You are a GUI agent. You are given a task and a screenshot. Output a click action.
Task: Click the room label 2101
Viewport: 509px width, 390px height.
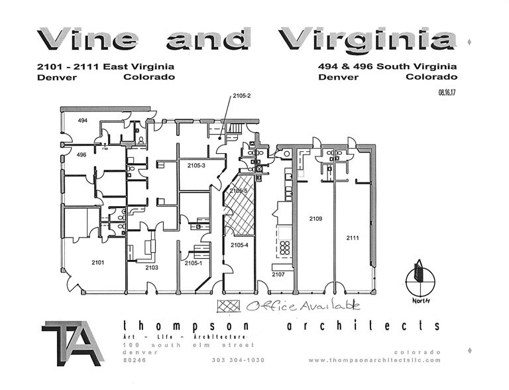tap(98, 263)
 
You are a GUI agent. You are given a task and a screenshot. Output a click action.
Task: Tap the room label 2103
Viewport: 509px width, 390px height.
tap(152, 267)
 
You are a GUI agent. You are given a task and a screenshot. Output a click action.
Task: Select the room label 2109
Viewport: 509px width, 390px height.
tap(315, 218)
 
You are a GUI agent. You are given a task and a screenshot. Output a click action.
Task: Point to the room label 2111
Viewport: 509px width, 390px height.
tap(353, 237)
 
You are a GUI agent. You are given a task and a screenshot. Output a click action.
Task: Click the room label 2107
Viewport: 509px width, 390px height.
tap(278, 274)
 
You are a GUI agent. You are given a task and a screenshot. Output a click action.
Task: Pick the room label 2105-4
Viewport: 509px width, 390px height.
tap(239, 245)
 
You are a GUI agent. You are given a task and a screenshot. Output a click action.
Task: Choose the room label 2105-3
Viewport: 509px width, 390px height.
tap(196, 165)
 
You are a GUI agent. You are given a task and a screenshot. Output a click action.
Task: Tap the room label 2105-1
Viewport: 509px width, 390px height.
tap(193, 263)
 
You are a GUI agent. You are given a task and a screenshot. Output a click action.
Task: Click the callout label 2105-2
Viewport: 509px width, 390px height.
tap(241, 97)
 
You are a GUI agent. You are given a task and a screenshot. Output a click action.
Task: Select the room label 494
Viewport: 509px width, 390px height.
tap(83, 121)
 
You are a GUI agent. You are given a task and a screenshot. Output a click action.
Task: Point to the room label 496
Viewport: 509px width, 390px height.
tap(81, 155)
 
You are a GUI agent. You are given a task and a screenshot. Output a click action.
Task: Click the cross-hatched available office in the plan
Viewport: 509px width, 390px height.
tap(239, 206)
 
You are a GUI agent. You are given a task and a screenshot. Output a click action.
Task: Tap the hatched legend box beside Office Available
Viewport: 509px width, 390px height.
tap(229, 306)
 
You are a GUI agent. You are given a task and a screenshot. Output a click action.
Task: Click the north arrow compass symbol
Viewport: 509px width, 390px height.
tap(418, 279)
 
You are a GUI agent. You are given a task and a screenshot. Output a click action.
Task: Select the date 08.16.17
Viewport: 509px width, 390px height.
tap(447, 93)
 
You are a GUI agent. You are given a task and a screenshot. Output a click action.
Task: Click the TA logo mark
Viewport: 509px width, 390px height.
tap(72, 342)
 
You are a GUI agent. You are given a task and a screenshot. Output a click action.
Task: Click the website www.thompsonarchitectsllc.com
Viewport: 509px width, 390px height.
tap(374, 360)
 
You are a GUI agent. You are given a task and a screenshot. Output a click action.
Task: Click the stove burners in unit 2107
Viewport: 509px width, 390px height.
tap(285, 248)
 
